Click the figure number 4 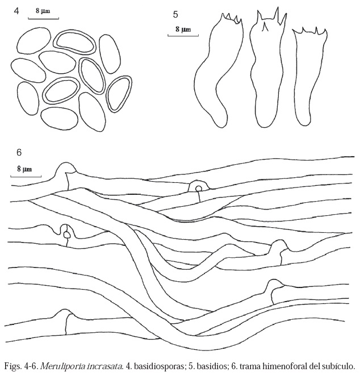tap(17, 11)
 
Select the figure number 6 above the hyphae tap(19, 152)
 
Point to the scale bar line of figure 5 tap(183, 36)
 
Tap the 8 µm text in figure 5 tap(183, 28)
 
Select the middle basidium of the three tap(265, 71)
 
